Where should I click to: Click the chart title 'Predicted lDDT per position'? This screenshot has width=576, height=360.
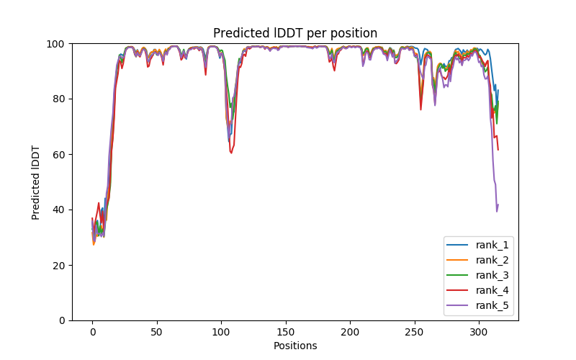point(295,33)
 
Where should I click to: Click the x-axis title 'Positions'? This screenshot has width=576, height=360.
point(295,346)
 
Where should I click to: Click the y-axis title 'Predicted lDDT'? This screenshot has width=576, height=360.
point(36,181)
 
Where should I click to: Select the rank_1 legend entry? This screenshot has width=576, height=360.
point(492,245)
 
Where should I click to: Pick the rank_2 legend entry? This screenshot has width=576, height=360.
point(492,260)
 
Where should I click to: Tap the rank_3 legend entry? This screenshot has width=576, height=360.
point(492,275)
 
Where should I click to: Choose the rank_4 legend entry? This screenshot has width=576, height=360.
point(492,290)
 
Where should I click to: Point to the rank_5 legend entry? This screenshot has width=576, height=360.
point(492,305)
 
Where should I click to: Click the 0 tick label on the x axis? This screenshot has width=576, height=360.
point(92,332)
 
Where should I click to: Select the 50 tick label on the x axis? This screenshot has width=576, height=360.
point(157,332)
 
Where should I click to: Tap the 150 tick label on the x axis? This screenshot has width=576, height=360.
point(286,332)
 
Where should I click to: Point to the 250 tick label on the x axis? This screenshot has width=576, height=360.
point(415,332)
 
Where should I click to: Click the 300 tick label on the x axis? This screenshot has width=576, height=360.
point(479,332)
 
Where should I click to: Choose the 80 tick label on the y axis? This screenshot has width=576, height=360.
point(58,99)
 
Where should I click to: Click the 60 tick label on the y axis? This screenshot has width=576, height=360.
point(58,155)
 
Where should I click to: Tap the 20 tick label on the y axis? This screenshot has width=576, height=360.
point(58,266)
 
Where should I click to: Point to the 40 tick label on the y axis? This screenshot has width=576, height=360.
point(58,210)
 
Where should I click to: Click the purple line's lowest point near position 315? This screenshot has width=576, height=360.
point(497,211)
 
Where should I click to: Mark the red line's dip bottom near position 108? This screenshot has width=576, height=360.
point(231,153)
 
